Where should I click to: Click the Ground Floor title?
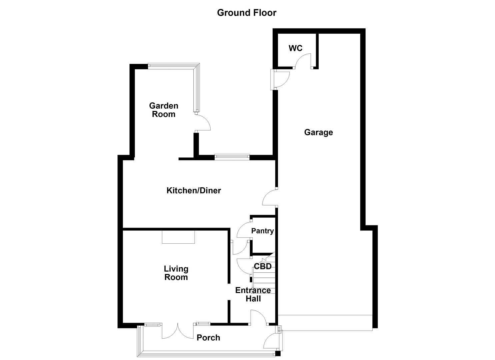tap(247, 13)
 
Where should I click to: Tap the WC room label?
tap(295, 48)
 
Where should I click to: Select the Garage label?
tap(318, 132)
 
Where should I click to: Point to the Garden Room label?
tap(163, 110)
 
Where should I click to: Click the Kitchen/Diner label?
tap(194, 190)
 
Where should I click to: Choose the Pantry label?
tap(262, 231)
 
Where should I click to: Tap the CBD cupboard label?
tap(263, 266)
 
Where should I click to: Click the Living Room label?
tap(176, 273)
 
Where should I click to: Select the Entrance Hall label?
tap(253, 294)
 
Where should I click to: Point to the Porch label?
tap(208, 338)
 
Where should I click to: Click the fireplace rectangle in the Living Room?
tap(178, 237)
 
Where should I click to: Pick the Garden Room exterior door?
tap(203, 122)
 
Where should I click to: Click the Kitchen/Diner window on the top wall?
tap(232, 157)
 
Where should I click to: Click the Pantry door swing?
tap(243, 230)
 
